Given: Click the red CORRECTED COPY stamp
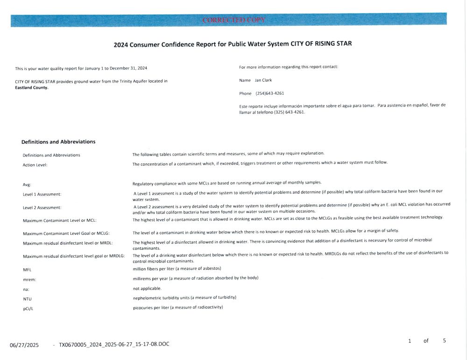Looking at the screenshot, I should pyautogui.click(x=234, y=20).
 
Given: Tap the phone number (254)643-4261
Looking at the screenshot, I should pyautogui.click(x=270, y=93).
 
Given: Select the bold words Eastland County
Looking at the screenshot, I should pyautogui.click(x=32, y=87).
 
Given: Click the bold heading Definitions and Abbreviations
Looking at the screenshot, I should pyautogui.click(x=58, y=142).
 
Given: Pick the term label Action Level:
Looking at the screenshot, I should pyautogui.click(x=35, y=165).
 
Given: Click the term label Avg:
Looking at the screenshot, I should pyautogui.click(x=27, y=184).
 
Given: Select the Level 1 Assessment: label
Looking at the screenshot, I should pyautogui.click(x=42, y=194).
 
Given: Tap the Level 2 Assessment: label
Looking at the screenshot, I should pyautogui.click(x=42, y=207).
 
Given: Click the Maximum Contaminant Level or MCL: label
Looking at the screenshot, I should pyautogui.click(x=60, y=220).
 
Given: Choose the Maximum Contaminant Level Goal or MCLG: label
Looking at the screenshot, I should pyautogui.click(x=66, y=233).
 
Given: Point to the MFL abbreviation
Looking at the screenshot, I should pyautogui.click(x=27, y=270).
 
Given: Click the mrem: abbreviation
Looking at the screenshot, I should pyautogui.click(x=29, y=280).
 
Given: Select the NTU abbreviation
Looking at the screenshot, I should pyautogui.click(x=27, y=299).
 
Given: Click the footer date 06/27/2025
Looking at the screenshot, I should pyautogui.click(x=24, y=346).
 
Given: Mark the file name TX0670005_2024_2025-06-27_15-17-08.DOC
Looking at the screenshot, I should pyautogui.click(x=114, y=345).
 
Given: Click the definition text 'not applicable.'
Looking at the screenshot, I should pyautogui.click(x=147, y=289).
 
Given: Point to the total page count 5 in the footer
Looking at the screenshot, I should pyautogui.click(x=444, y=341).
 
